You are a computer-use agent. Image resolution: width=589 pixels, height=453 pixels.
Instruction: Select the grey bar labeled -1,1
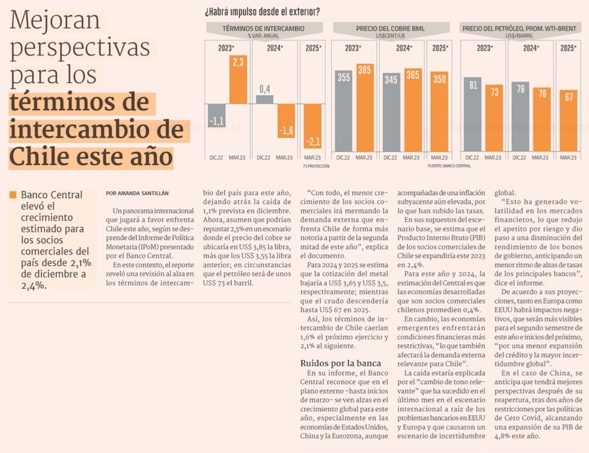(217, 115)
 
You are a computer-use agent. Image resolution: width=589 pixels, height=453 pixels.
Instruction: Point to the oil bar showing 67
(568, 121)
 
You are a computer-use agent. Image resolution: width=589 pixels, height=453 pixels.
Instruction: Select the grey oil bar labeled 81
(472, 114)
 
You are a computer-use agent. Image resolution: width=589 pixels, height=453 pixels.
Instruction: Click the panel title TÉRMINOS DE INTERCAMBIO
(263, 28)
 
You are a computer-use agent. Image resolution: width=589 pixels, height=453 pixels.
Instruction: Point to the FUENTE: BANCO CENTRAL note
(449, 166)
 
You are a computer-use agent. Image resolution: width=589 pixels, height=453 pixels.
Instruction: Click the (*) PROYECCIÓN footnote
(316, 166)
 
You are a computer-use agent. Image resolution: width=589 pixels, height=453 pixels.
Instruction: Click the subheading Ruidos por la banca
(340, 362)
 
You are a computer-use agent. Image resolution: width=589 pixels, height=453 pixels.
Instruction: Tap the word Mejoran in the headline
(55, 22)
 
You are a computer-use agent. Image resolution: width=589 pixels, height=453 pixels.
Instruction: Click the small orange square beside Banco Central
(12, 194)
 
